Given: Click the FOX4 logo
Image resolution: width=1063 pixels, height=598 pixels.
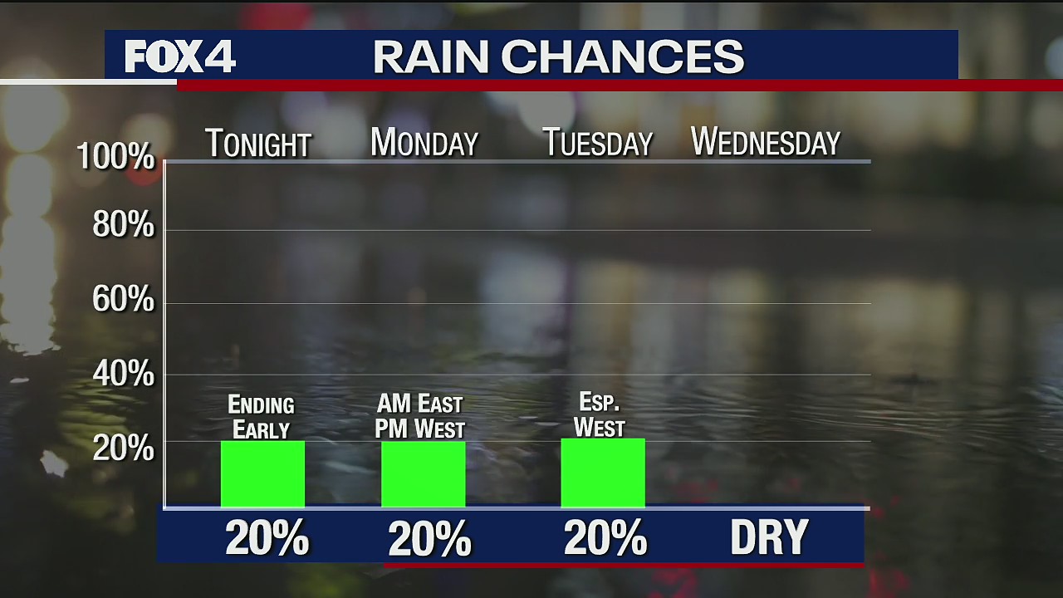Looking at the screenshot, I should tap(180, 56).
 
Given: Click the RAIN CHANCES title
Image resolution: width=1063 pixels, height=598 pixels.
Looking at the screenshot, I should tap(558, 56).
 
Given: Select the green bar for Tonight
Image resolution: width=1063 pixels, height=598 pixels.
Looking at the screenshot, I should tap(262, 473).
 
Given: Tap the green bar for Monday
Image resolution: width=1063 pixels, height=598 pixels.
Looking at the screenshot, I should tap(423, 473).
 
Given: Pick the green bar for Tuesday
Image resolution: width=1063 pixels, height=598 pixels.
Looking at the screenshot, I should tap(603, 473).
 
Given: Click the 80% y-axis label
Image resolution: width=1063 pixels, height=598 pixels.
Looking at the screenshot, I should tap(123, 225).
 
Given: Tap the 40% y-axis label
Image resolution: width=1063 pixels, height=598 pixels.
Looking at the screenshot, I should tap(123, 375).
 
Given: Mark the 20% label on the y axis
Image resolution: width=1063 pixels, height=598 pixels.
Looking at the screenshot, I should tap(123, 448).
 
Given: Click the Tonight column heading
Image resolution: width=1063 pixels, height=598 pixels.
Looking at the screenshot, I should tap(257, 144).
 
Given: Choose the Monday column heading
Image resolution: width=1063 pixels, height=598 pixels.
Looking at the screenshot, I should tap(424, 143).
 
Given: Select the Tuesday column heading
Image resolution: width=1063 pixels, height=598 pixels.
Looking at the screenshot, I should tap(598, 143).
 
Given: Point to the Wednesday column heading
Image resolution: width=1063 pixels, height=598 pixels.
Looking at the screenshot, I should tap(766, 142).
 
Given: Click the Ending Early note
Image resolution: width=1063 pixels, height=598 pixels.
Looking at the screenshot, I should tap(262, 418).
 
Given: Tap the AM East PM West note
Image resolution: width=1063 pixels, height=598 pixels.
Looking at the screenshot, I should tap(419, 416).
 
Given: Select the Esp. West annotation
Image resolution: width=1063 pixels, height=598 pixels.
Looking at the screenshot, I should tap(600, 415).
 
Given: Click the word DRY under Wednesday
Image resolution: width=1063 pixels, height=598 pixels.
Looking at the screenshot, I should tap(769, 538).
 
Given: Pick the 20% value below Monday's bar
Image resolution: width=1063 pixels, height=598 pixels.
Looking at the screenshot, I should tap(429, 539).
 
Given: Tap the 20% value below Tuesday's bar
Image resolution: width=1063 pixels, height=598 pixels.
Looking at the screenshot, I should tap(605, 538).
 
